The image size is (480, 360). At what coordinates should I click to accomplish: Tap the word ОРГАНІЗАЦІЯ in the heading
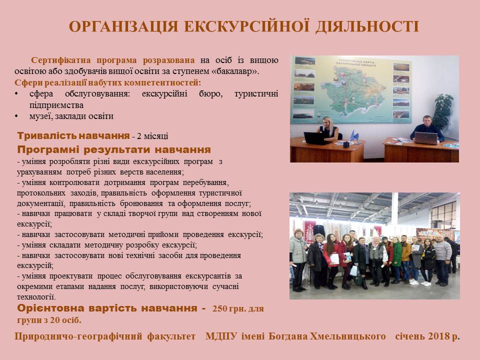(123, 26)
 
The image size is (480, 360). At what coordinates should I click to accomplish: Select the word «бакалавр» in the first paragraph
(235, 71)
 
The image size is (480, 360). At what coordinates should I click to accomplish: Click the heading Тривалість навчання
(73, 135)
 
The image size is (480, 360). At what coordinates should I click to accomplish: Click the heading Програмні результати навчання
(114, 149)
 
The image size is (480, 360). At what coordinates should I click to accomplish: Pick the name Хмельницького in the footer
(348, 336)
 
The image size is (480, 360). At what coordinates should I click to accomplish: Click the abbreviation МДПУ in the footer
(221, 336)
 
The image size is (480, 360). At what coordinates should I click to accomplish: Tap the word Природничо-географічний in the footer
(78, 336)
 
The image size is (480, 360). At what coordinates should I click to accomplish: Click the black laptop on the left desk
(317, 138)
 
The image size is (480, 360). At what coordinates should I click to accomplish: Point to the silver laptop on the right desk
(426, 138)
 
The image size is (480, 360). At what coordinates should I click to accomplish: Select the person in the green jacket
(396, 260)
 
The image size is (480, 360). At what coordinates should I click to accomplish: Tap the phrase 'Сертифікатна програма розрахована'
(113, 60)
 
